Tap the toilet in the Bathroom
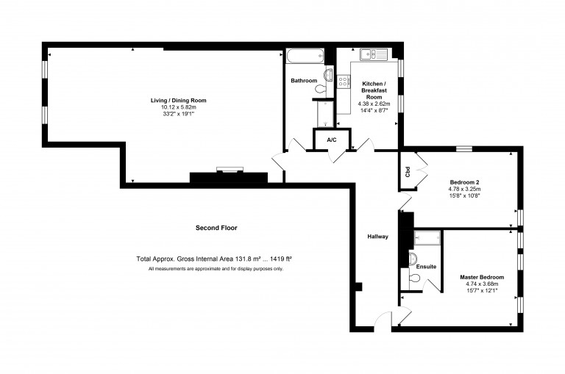click(x=321, y=89)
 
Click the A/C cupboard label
click(x=331, y=140)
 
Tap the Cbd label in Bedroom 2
click(x=407, y=173)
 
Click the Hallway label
click(x=378, y=237)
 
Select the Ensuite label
click(x=427, y=267)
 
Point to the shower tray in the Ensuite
click(x=427, y=237)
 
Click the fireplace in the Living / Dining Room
click(x=229, y=173)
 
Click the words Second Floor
click(x=216, y=228)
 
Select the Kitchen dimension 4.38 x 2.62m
click(x=374, y=104)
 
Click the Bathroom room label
click(x=304, y=80)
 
